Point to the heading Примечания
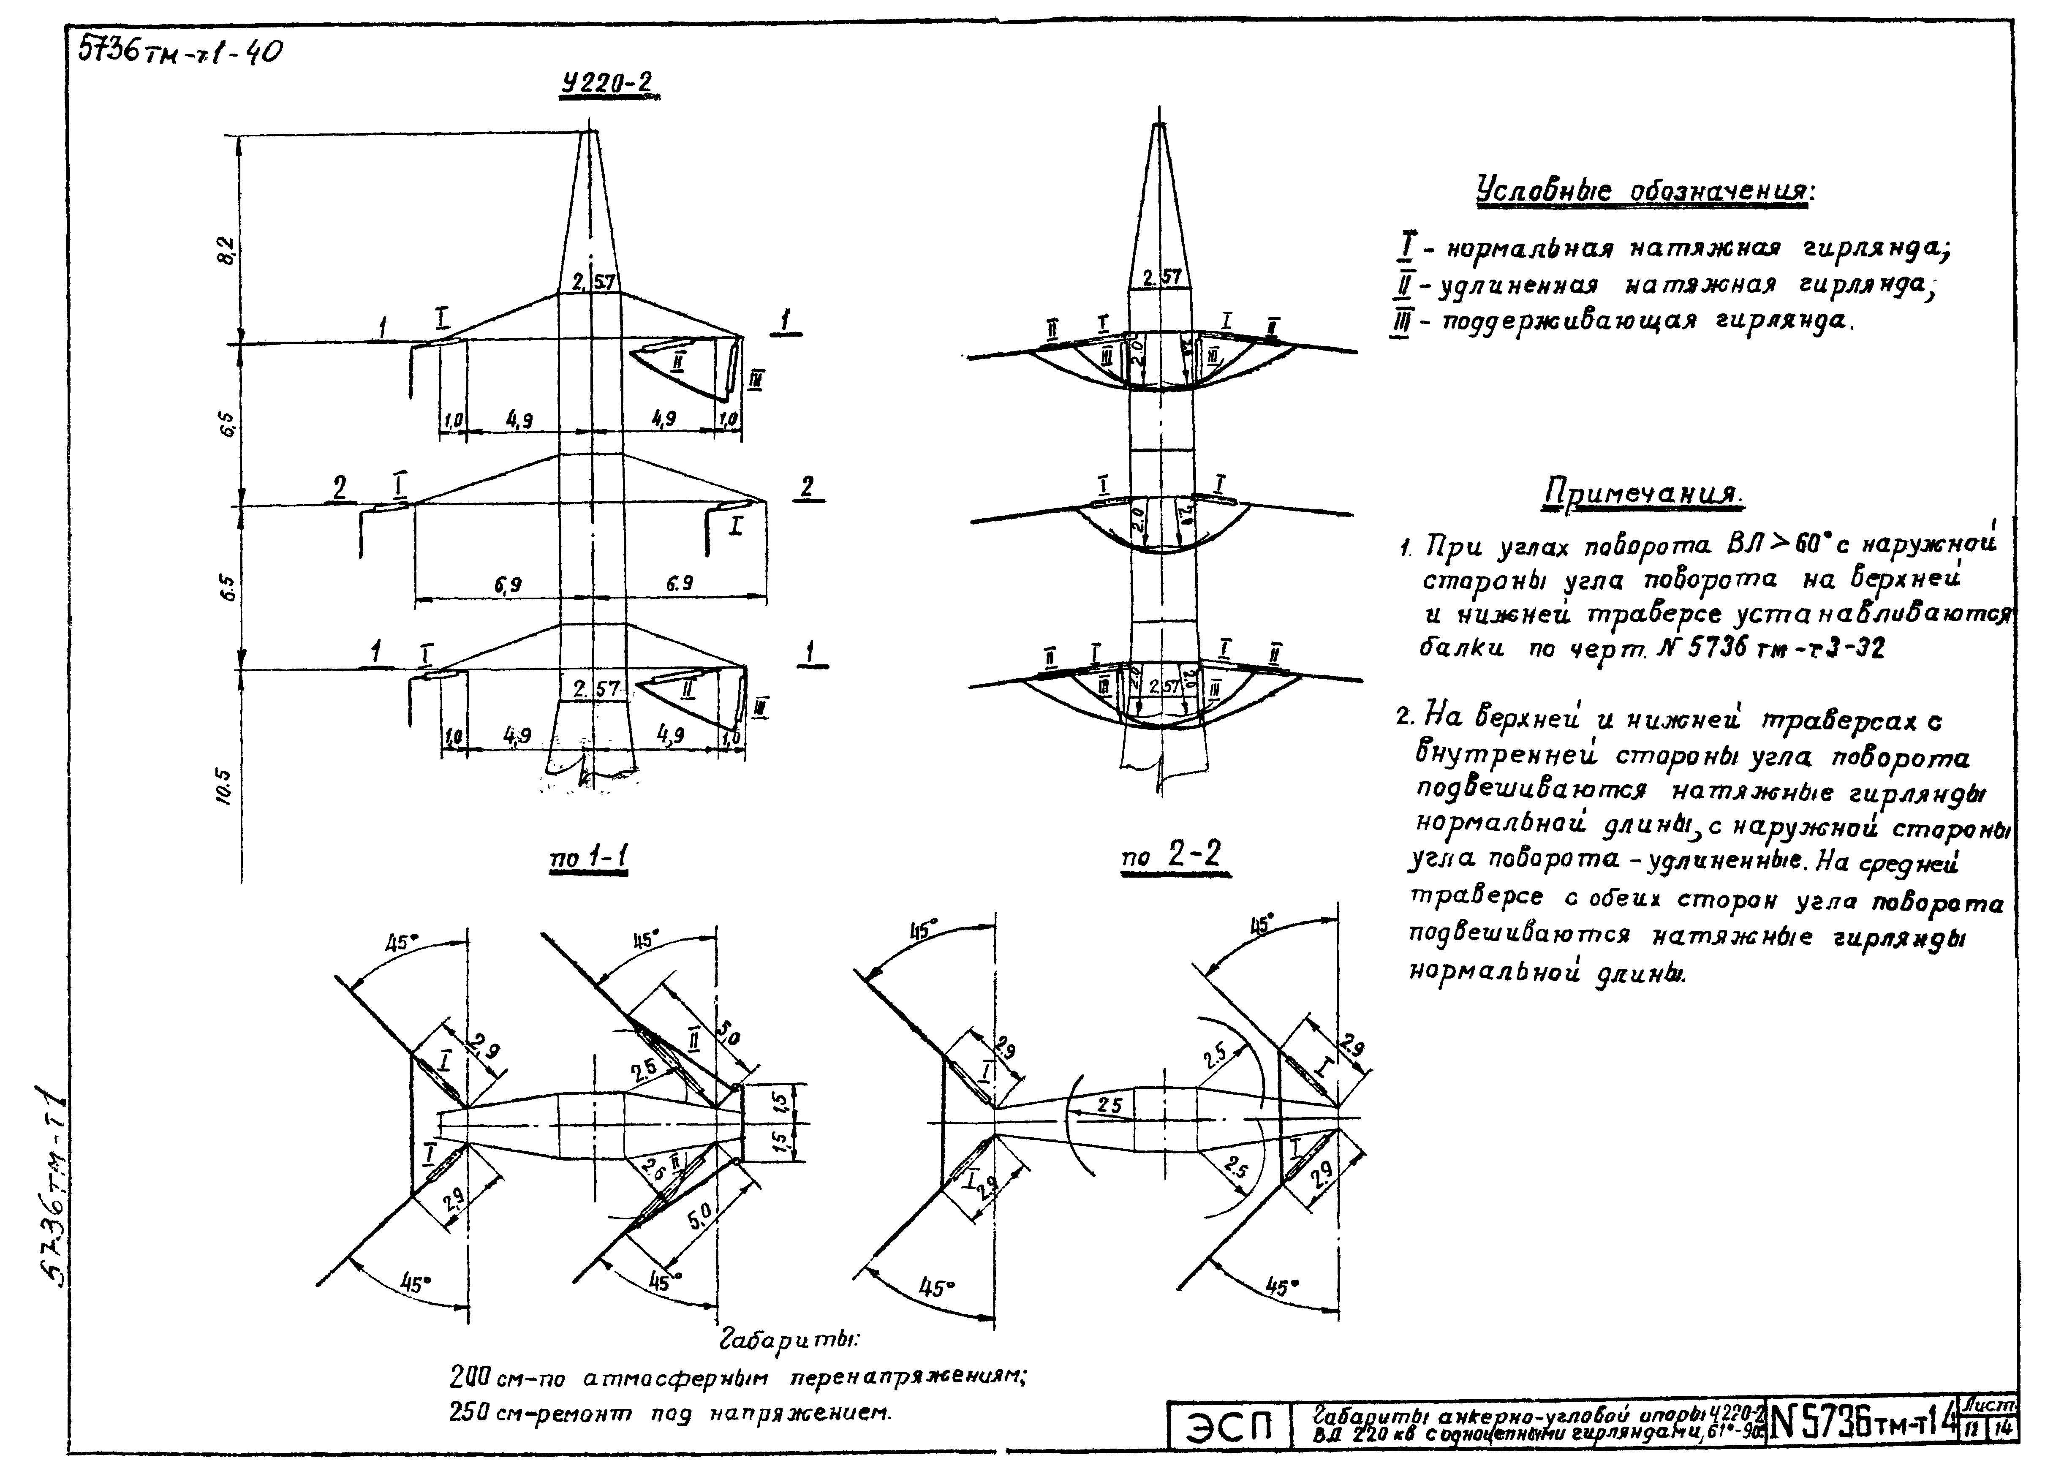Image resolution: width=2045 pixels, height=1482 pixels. pos(1643,493)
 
